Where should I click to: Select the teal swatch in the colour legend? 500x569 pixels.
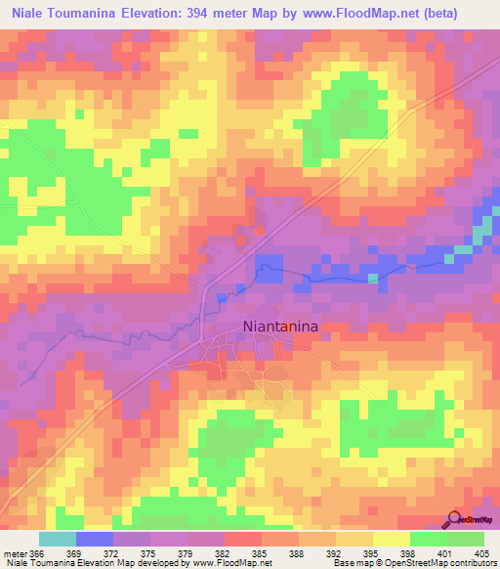(58, 539)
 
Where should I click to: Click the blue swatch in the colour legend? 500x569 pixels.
(95, 539)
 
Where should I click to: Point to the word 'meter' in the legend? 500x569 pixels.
(15, 553)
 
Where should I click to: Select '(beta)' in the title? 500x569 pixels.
(465, 12)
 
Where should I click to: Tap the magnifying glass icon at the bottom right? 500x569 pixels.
(454, 518)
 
